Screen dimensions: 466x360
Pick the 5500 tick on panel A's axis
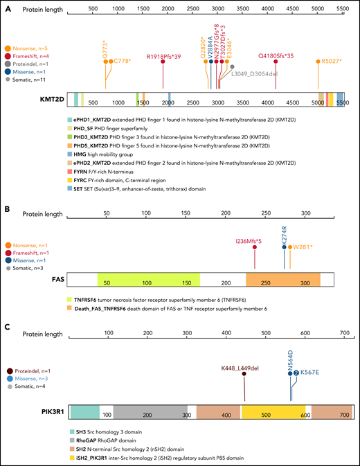pos(341,12)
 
